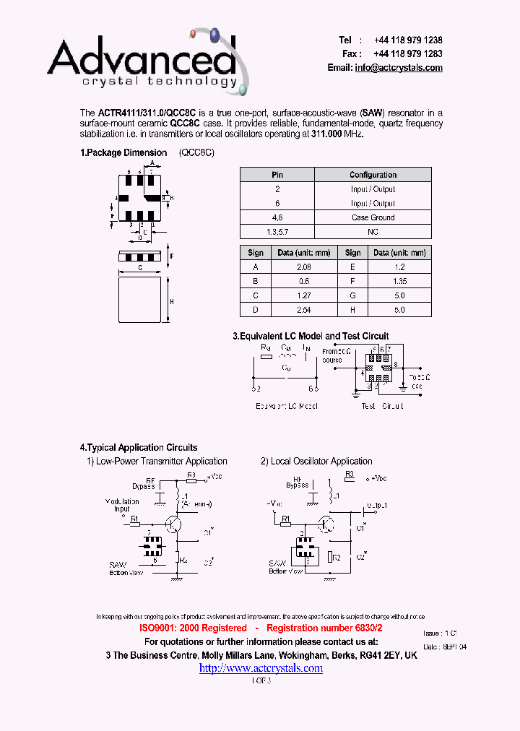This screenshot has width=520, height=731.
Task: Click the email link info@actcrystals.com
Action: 399,68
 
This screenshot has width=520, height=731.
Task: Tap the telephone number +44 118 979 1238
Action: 408,40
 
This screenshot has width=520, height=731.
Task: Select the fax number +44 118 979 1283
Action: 408,54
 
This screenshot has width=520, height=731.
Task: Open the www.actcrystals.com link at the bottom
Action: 261,668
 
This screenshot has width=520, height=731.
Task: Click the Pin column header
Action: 277,175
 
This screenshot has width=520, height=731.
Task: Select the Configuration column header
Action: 373,175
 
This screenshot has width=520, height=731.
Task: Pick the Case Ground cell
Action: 373,217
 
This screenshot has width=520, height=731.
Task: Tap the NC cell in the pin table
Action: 373,232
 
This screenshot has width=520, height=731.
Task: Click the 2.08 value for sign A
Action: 303,267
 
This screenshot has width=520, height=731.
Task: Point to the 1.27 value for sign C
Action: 303,295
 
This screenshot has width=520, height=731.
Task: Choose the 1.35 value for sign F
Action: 399,282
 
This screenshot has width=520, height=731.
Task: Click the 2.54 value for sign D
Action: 303,310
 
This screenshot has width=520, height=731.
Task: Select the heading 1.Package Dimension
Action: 123,153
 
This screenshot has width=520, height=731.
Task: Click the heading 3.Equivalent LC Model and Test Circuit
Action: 311,337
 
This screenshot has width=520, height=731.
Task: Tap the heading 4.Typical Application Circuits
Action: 139,448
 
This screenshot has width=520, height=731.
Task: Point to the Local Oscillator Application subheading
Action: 316,462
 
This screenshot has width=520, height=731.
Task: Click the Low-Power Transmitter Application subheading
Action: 157,462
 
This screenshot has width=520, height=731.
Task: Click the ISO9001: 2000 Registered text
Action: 193,629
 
